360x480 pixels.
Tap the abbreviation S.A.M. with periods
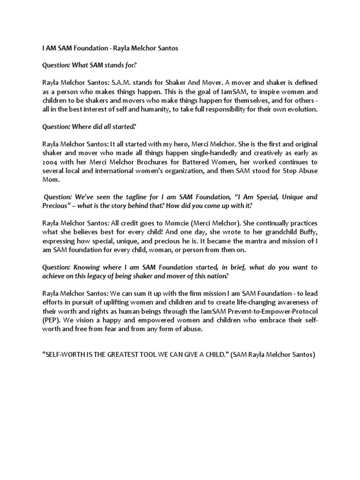(x=116, y=82)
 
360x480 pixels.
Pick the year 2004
(x=51, y=162)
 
